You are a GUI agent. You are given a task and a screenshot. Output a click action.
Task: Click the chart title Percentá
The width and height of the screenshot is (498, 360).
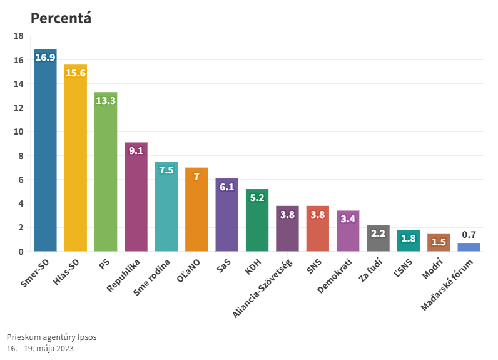61,18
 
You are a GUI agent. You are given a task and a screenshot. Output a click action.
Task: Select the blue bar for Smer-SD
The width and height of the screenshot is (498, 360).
45,157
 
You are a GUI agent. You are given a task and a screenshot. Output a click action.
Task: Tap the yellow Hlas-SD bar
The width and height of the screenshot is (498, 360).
75,163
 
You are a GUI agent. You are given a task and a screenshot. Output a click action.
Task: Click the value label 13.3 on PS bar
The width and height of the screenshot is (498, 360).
106,100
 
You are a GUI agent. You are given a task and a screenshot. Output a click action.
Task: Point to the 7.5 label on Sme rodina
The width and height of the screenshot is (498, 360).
166,170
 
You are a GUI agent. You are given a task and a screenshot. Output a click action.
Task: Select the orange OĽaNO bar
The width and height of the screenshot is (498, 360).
196,213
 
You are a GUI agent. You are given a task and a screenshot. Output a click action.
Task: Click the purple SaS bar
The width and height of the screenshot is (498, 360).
226,219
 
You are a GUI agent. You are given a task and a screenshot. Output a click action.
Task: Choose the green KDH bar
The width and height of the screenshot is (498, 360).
257,225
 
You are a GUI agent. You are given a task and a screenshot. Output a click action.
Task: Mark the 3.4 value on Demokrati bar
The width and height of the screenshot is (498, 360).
348,219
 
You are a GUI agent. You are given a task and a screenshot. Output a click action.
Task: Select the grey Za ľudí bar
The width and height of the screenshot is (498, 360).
378,241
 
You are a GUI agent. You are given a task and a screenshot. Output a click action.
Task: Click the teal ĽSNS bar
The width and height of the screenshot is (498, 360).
409,243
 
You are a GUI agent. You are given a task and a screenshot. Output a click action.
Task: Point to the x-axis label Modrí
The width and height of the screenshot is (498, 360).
432,267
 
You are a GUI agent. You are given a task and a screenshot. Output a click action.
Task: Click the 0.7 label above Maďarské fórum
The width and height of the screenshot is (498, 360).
469,235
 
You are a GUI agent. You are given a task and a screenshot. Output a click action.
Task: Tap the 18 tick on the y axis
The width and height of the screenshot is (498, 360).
19,36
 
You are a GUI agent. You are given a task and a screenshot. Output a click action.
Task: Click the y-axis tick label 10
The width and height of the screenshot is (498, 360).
19,132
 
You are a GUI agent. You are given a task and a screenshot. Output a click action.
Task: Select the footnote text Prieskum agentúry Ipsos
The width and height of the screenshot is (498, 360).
51,337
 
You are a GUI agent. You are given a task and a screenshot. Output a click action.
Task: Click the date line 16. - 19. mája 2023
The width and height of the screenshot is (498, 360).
40,348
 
